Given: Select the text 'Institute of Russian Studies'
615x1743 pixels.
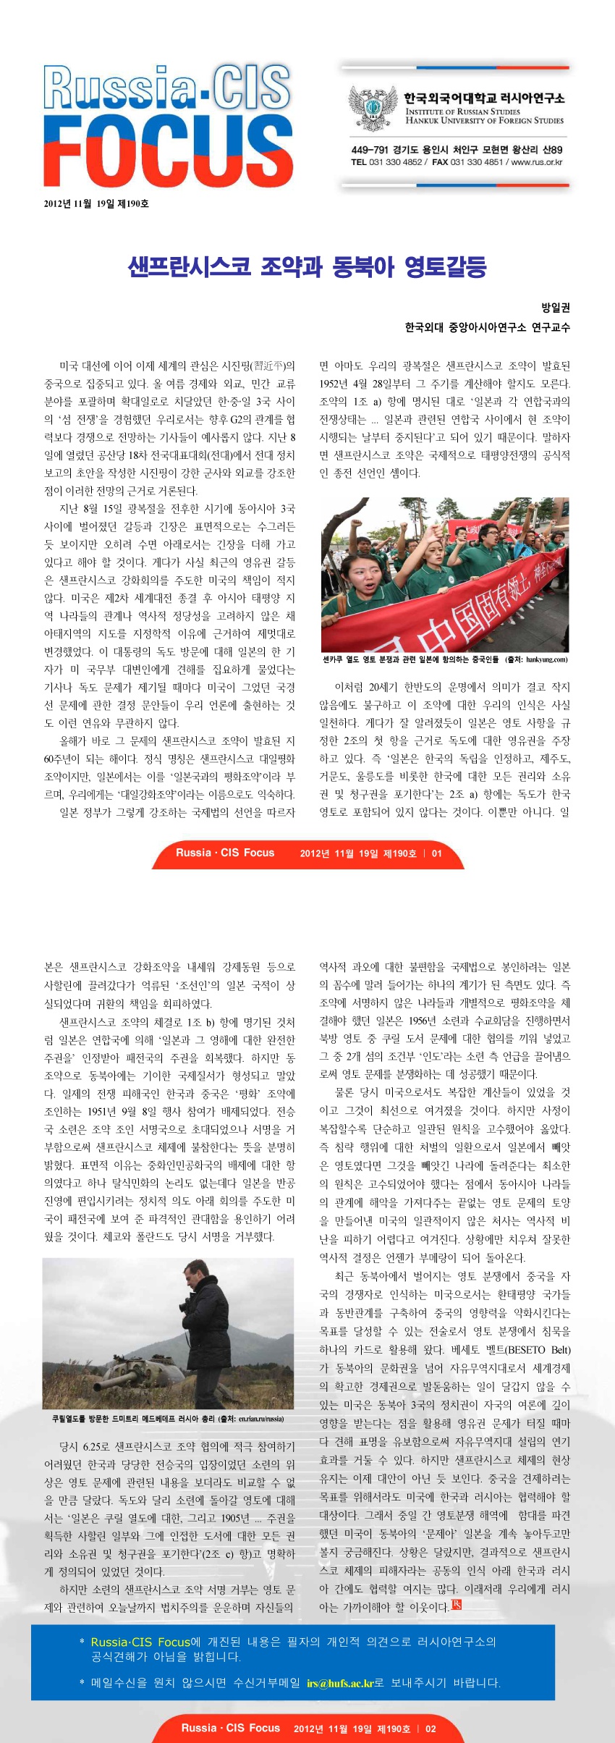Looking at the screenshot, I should pyautogui.click(x=462, y=111).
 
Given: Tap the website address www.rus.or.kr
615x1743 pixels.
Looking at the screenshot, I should pyautogui.click(x=537, y=162).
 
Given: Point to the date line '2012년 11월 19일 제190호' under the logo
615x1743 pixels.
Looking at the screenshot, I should pyautogui.click(x=96, y=203).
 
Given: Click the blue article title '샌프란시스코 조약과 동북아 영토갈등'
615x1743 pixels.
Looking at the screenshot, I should pyautogui.click(x=307, y=267).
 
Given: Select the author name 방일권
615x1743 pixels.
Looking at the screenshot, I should pyautogui.click(x=556, y=308).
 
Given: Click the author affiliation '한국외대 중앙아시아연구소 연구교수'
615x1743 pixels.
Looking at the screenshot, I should pyautogui.click(x=487, y=327).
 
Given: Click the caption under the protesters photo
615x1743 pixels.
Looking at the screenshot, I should pyautogui.click(x=444, y=659).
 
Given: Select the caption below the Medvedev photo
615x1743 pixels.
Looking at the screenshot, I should pyautogui.click(x=168, y=1419).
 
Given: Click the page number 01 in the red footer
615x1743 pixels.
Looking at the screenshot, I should pyautogui.click(x=436, y=853).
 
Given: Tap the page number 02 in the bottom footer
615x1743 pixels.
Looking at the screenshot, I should pyautogui.click(x=430, y=1729).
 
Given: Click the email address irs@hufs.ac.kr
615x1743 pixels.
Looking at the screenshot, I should pyautogui.click(x=339, y=1683).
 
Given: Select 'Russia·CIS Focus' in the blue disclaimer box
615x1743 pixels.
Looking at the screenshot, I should pyautogui.click(x=140, y=1642).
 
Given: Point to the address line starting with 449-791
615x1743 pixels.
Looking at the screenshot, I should pyautogui.click(x=457, y=150).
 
